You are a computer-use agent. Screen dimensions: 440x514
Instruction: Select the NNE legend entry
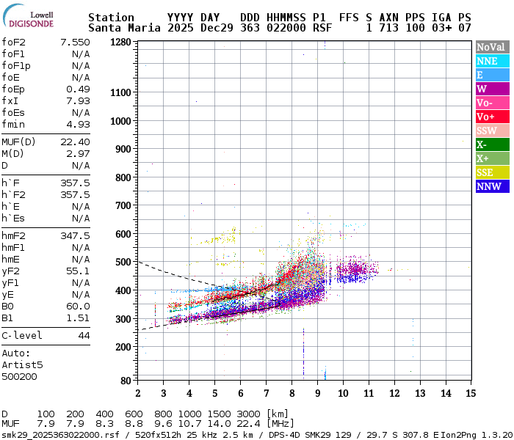coord(487,61)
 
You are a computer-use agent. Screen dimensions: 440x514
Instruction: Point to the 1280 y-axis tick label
coord(120,42)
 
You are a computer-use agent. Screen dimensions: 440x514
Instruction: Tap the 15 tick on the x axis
coord(470,393)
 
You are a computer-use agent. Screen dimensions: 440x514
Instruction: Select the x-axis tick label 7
coord(266,393)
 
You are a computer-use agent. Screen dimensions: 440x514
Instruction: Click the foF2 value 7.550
coord(75,42)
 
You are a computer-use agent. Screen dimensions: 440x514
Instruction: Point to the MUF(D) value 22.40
coord(75,142)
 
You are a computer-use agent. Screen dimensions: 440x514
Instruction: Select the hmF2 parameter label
coord(14,235)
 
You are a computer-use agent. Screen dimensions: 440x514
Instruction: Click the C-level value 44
coord(84,335)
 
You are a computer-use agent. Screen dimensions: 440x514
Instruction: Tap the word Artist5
coord(22,364)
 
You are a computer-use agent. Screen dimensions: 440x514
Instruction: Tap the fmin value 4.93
coord(78,124)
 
